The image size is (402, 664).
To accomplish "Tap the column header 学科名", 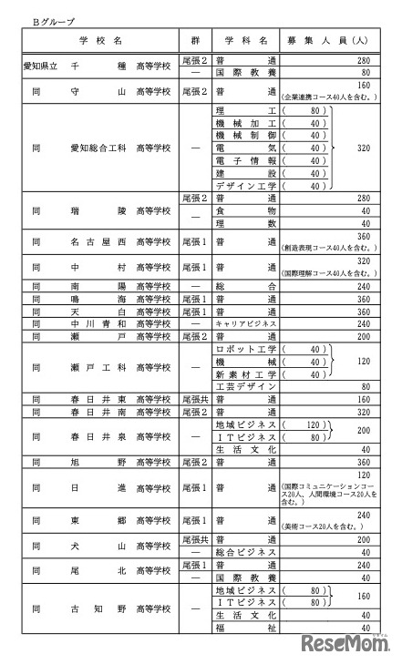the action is coord(243,42).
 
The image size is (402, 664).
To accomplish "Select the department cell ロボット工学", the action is coord(245,349).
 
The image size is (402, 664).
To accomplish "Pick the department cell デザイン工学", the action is coord(245,185).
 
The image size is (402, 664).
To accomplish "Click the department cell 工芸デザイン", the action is coord(245,386).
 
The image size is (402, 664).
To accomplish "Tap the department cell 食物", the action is coord(245,209).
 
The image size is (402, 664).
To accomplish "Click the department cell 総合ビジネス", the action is coord(245,552).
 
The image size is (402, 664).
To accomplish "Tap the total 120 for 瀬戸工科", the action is coord(363,362).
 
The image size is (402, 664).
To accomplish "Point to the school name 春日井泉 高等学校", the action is coord(100,436).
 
